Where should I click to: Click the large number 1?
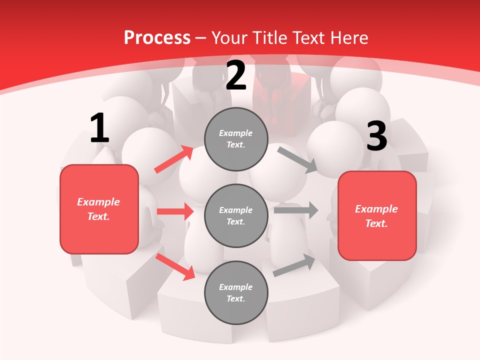99,128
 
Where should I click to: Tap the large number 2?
236,75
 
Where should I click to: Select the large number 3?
376,136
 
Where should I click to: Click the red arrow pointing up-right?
174,159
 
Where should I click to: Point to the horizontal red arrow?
175,211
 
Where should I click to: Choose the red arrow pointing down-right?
175,266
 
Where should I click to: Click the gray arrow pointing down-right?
297,159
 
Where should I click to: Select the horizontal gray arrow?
296,210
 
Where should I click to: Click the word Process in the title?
157,37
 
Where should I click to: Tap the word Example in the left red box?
98,202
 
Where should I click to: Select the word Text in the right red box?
376,223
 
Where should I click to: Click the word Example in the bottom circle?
235,287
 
